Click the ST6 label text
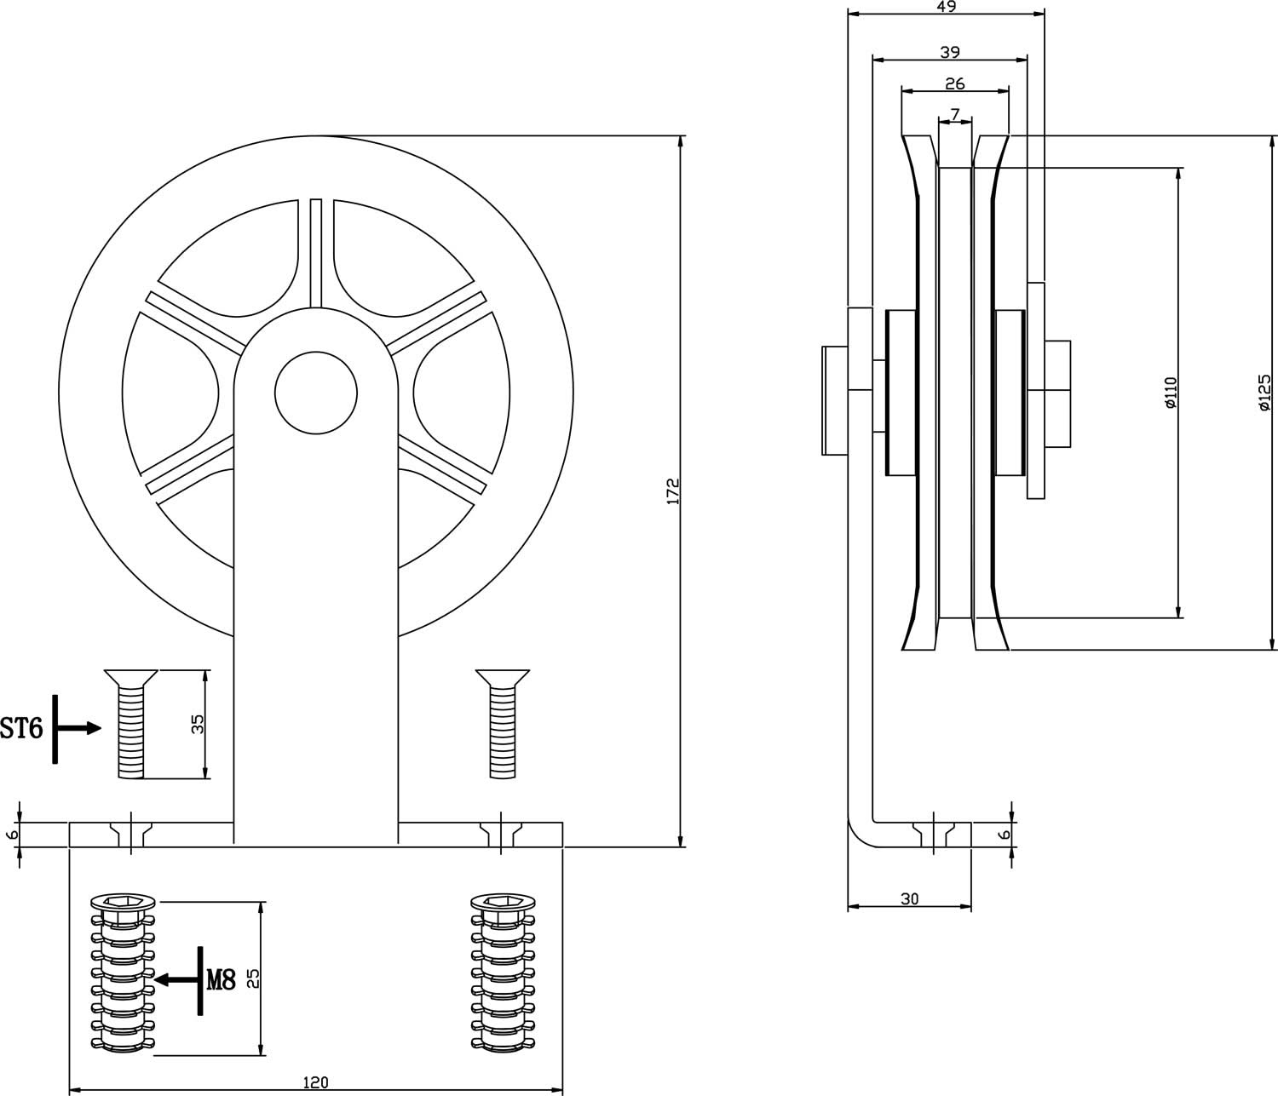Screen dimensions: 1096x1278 tap(21, 728)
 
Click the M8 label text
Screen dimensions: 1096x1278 tap(221, 980)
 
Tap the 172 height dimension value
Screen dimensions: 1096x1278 tap(673, 492)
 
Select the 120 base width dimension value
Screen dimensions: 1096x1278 tap(315, 1082)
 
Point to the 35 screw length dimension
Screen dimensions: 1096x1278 tap(198, 725)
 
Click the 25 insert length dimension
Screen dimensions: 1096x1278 tap(252, 978)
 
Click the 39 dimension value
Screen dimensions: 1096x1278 tap(950, 52)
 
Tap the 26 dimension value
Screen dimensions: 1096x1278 tap(955, 83)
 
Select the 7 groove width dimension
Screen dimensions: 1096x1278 tap(954, 113)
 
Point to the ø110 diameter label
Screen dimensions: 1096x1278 tap(1170, 393)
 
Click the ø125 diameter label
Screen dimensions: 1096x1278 tap(1264, 393)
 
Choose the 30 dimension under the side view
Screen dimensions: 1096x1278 tap(909, 898)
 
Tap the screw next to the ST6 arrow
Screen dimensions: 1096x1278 tap(130, 724)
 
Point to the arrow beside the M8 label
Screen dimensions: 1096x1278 tap(176, 980)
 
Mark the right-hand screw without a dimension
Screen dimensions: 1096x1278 tap(503, 724)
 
